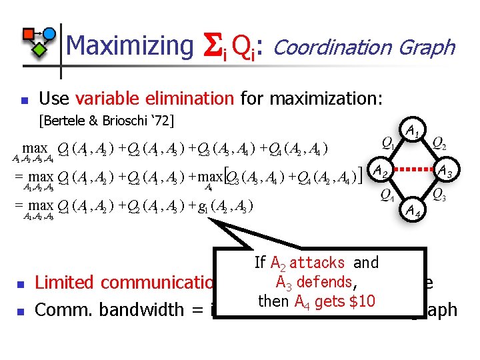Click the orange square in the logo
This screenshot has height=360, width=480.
29,34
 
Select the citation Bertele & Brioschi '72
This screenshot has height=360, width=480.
107,121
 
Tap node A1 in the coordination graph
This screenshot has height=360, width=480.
413,129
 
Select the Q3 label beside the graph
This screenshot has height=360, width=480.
439,195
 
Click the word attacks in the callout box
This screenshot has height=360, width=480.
317,263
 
